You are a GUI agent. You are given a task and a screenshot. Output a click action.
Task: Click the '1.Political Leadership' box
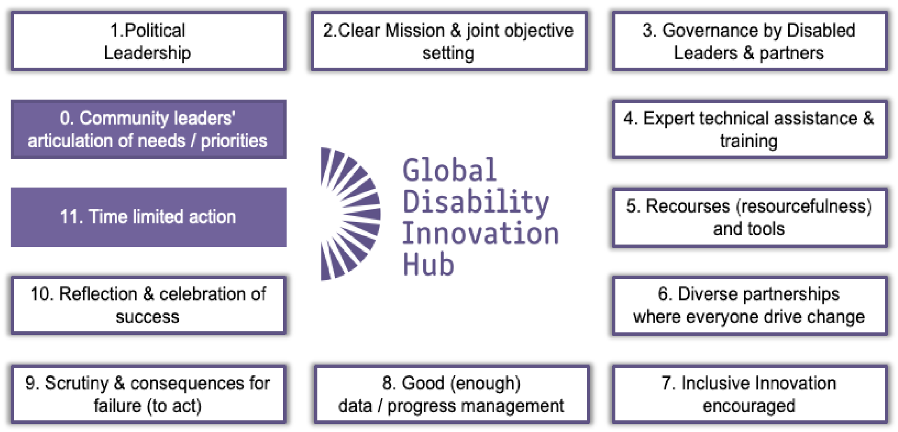pyautogui.click(x=148, y=41)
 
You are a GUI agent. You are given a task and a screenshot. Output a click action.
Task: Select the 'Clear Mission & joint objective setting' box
pyautogui.click(x=449, y=41)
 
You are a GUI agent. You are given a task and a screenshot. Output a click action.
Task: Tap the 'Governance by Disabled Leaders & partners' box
pyautogui.click(x=749, y=41)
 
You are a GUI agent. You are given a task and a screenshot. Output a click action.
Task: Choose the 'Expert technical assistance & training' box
pyautogui.click(x=749, y=129)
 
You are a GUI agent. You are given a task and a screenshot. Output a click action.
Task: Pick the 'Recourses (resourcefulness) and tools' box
pyautogui.click(x=749, y=217)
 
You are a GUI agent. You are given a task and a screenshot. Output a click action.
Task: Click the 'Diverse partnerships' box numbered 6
pyautogui.click(x=749, y=305)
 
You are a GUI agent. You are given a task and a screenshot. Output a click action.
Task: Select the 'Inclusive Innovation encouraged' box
pyautogui.click(x=749, y=394)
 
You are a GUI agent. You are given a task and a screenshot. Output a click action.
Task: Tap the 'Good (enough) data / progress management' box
pyautogui.click(x=451, y=394)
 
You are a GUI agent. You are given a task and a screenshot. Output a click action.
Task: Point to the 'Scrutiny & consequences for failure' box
pyautogui.click(x=148, y=394)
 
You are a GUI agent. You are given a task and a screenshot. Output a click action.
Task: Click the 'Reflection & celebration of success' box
pyautogui.click(x=148, y=305)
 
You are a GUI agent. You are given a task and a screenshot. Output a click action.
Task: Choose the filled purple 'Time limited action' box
pyautogui.click(x=148, y=217)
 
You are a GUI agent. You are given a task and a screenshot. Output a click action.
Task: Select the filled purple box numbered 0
pyautogui.click(x=148, y=129)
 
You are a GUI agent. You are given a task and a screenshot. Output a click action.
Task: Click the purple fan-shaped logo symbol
pyautogui.click(x=349, y=214)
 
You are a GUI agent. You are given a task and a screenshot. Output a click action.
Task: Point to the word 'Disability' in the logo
pyautogui.click(x=476, y=202)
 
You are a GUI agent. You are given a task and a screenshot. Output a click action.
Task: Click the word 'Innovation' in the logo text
pyautogui.click(x=480, y=233)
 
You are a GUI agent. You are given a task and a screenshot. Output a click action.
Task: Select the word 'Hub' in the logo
pyautogui.click(x=428, y=264)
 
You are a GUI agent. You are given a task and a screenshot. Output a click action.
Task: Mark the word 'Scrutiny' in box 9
pyautogui.click(x=76, y=383)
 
